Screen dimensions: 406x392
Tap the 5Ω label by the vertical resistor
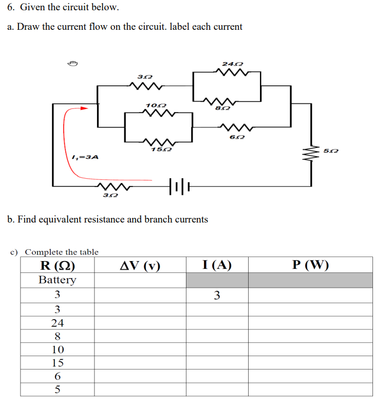pyautogui.click(x=331, y=150)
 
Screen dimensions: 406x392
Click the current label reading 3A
pyautogui.click(x=85, y=157)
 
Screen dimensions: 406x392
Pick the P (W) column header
pyautogui.click(x=310, y=265)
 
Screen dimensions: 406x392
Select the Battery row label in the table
pyautogui.click(x=58, y=280)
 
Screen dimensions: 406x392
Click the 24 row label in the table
pyautogui.click(x=58, y=323)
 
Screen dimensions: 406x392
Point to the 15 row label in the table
pyautogui.click(x=58, y=363)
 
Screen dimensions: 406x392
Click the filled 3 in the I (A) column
pyautogui.click(x=217, y=295)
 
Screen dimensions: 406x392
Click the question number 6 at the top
pyautogui.click(x=10, y=8)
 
